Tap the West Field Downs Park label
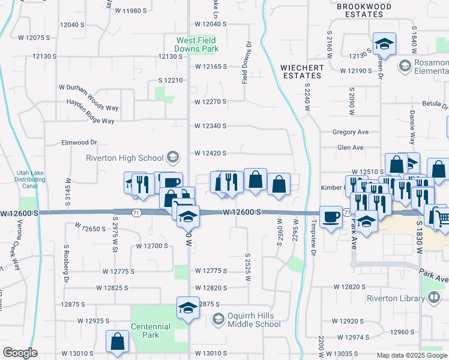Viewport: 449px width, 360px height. [x=196, y=45]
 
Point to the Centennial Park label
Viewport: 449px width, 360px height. [x=151, y=331]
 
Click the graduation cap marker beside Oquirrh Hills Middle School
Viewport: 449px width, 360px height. [x=188, y=307]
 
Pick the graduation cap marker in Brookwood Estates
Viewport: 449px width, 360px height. [x=384, y=43]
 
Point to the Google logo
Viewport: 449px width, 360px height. [x=20, y=353]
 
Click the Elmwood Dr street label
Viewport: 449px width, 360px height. [x=79, y=143]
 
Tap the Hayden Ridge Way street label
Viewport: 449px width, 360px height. [x=86, y=121]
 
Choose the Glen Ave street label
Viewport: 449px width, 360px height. [x=351, y=148]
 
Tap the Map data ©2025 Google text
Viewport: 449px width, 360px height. [x=412, y=355]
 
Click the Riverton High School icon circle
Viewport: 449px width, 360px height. [x=173, y=158]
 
